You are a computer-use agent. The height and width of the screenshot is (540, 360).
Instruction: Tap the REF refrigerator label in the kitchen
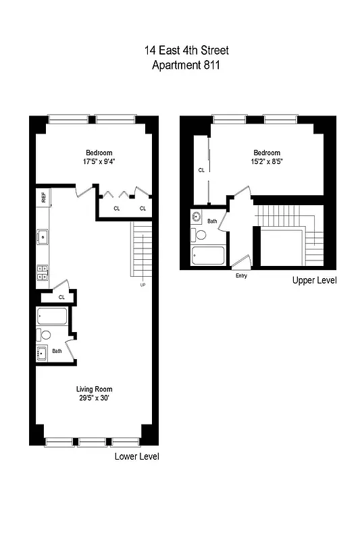click(43, 198)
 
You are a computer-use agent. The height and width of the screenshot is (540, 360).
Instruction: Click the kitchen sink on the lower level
click(43, 236)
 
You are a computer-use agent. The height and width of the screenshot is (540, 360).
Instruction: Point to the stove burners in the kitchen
click(43, 271)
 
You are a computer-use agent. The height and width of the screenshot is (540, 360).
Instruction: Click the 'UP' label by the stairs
click(142, 284)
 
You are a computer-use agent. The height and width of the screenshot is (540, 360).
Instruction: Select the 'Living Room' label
click(93, 389)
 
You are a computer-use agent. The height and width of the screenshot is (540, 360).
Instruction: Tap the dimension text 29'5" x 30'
click(93, 398)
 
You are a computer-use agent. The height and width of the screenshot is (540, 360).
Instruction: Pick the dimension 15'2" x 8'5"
click(267, 161)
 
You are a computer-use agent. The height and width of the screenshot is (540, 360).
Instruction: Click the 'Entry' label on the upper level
click(240, 275)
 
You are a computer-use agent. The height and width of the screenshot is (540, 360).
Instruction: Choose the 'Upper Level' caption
click(314, 280)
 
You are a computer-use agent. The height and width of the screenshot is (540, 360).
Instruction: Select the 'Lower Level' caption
click(137, 456)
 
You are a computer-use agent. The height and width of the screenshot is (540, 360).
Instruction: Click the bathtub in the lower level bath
click(51, 317)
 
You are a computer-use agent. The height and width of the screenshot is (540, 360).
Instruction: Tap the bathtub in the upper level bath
click(208, 256)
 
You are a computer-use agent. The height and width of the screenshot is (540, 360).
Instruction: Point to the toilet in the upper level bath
click(200, 235)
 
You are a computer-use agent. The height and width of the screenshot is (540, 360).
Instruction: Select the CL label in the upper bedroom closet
click(201, 170)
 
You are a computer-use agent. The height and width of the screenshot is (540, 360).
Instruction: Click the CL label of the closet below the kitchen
click(61, 296)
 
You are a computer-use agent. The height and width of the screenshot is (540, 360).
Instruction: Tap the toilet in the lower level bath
click(45, 335)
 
